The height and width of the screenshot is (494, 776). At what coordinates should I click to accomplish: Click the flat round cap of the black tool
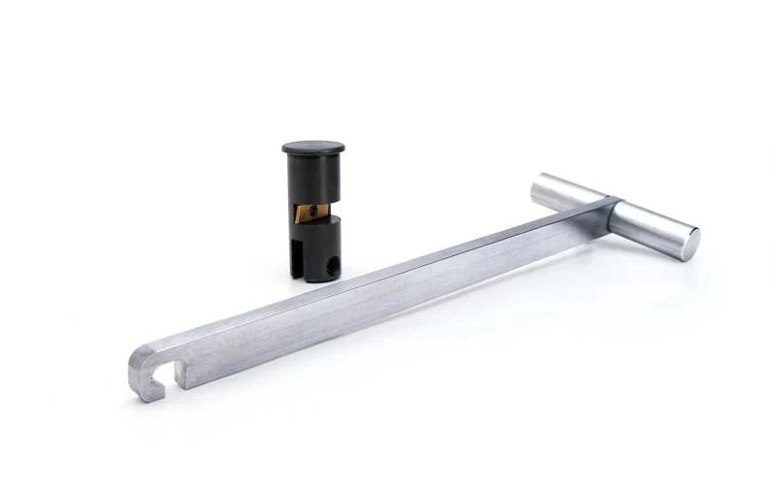pos(313,148)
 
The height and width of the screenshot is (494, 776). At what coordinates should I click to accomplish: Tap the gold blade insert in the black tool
pos(309,214)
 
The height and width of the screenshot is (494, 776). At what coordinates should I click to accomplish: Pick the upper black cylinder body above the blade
pos(313,179)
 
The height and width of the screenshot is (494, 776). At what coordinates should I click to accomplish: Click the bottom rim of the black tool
pos(316,278)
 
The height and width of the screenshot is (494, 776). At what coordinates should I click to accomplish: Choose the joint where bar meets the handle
pos(606,209)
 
